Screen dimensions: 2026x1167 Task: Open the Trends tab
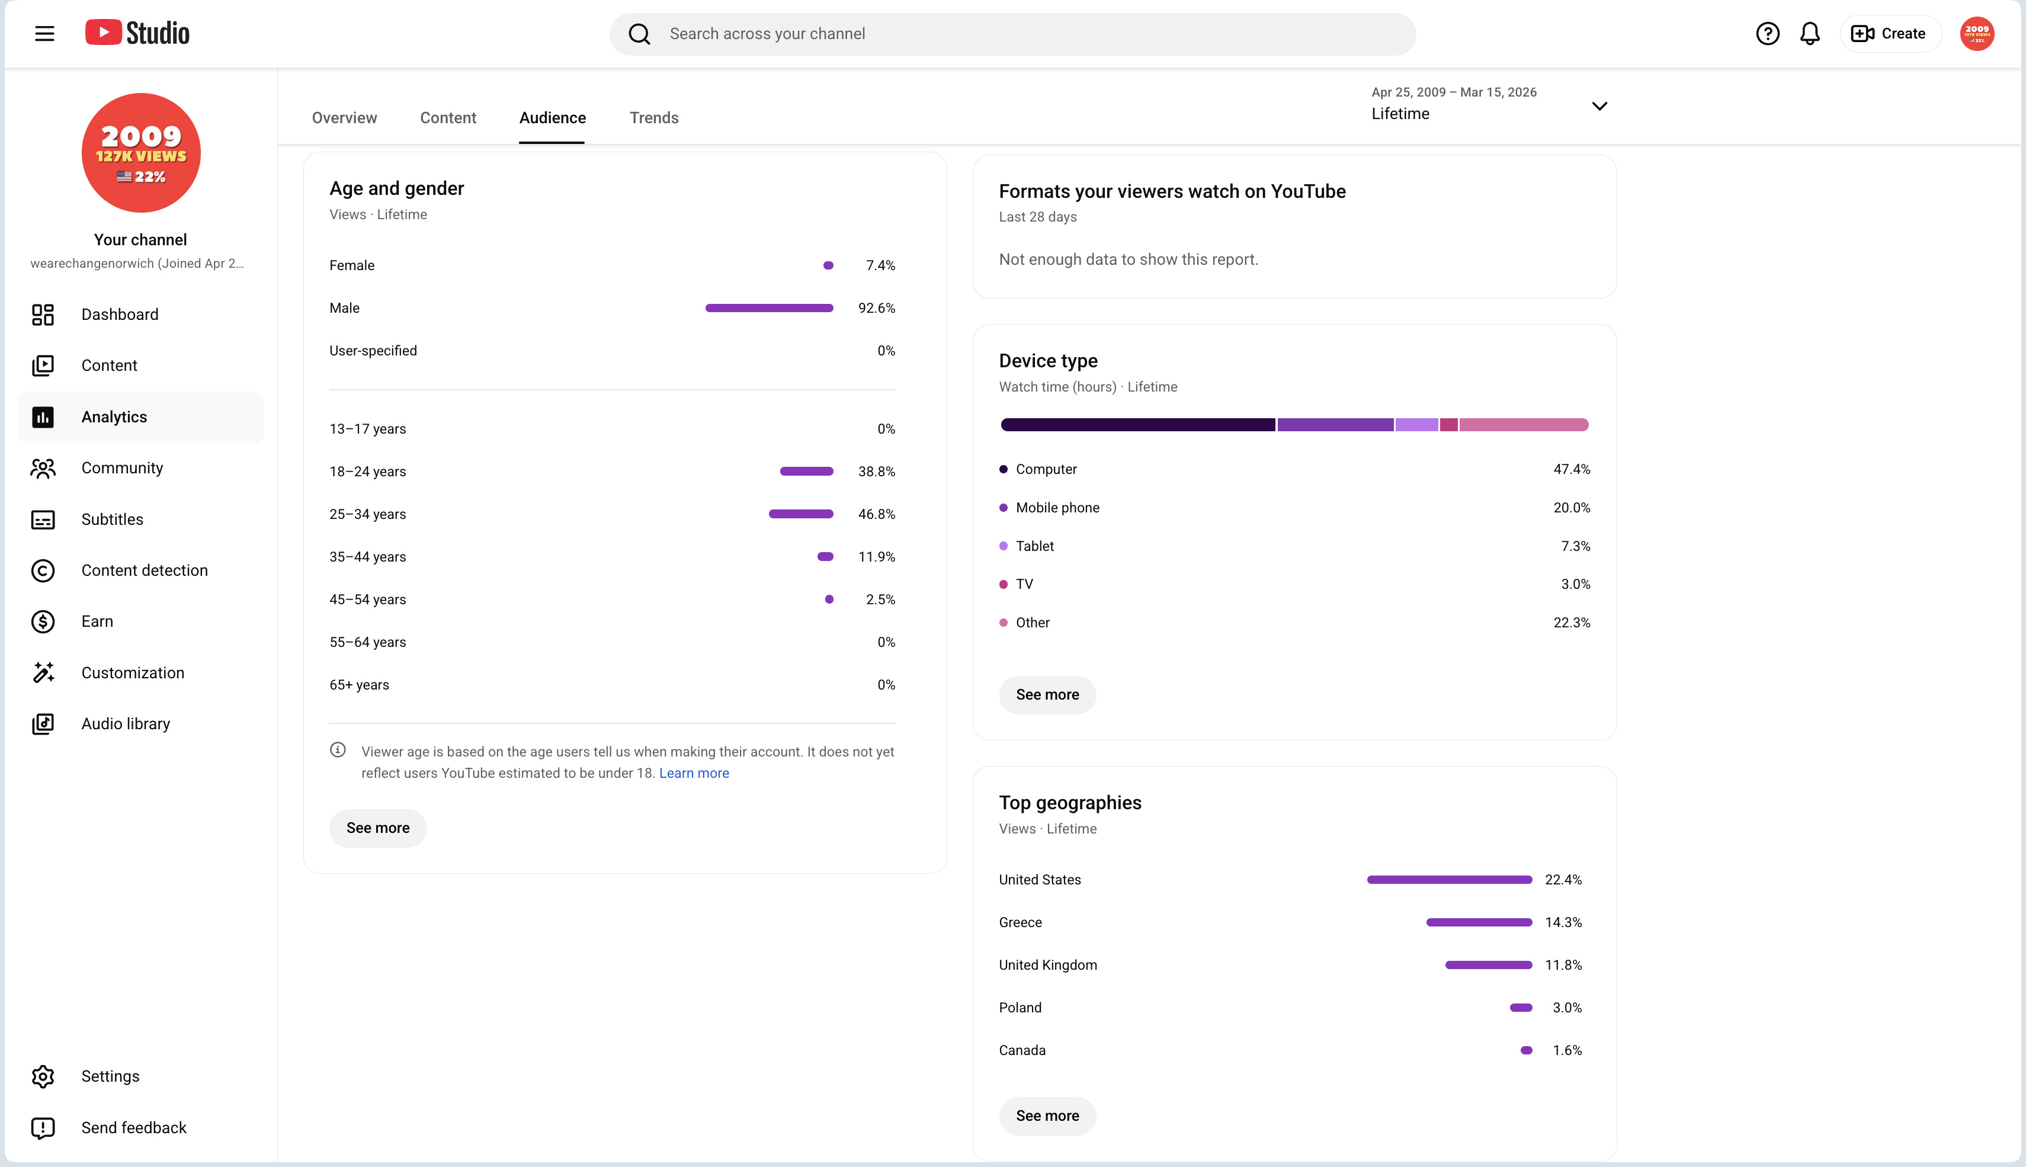click(x=654, y=118)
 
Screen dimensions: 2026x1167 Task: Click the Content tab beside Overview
click(x=448, y=118)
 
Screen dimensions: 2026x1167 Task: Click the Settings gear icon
click(x=43, y=1076)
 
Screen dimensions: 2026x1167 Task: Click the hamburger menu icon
click(x=45, y=34)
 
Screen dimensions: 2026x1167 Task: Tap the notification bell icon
click(x=1810, y=34)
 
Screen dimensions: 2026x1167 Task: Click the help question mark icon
click(x=1767, y=34)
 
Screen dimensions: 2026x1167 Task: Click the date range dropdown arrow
click(x=1599, y=106)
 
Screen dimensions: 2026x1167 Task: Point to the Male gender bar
click(x=770, y=308)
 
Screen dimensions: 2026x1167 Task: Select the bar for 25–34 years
click(x=800, y=514)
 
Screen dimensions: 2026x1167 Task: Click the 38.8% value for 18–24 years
click(x=877, y=472)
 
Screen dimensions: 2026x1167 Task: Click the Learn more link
click(x=694, y=772)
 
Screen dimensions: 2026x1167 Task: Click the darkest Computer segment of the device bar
click(x=1138, y=425)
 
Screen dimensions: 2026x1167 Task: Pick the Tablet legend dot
click(x=1004, y=546)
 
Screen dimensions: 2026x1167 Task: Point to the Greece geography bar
click(x=1479, y=922)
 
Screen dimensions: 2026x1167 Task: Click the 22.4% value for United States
click(x=1563, y=879)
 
